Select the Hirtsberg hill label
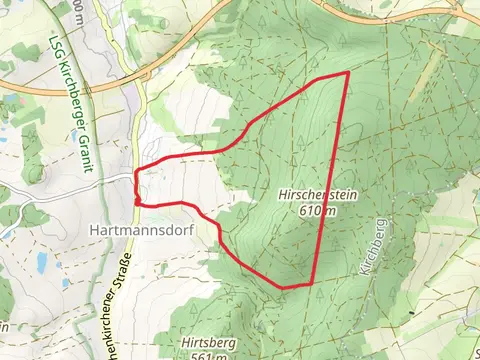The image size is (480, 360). pos(202,343)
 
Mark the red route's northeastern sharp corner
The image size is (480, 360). pos(347,73)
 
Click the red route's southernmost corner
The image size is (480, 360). pos(285,288)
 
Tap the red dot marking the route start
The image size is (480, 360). pos(137,201)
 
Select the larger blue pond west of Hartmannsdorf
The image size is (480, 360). pos(41,262)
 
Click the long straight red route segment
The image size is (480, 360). pos(330,180)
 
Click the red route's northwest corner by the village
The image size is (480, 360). pos(137,170)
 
